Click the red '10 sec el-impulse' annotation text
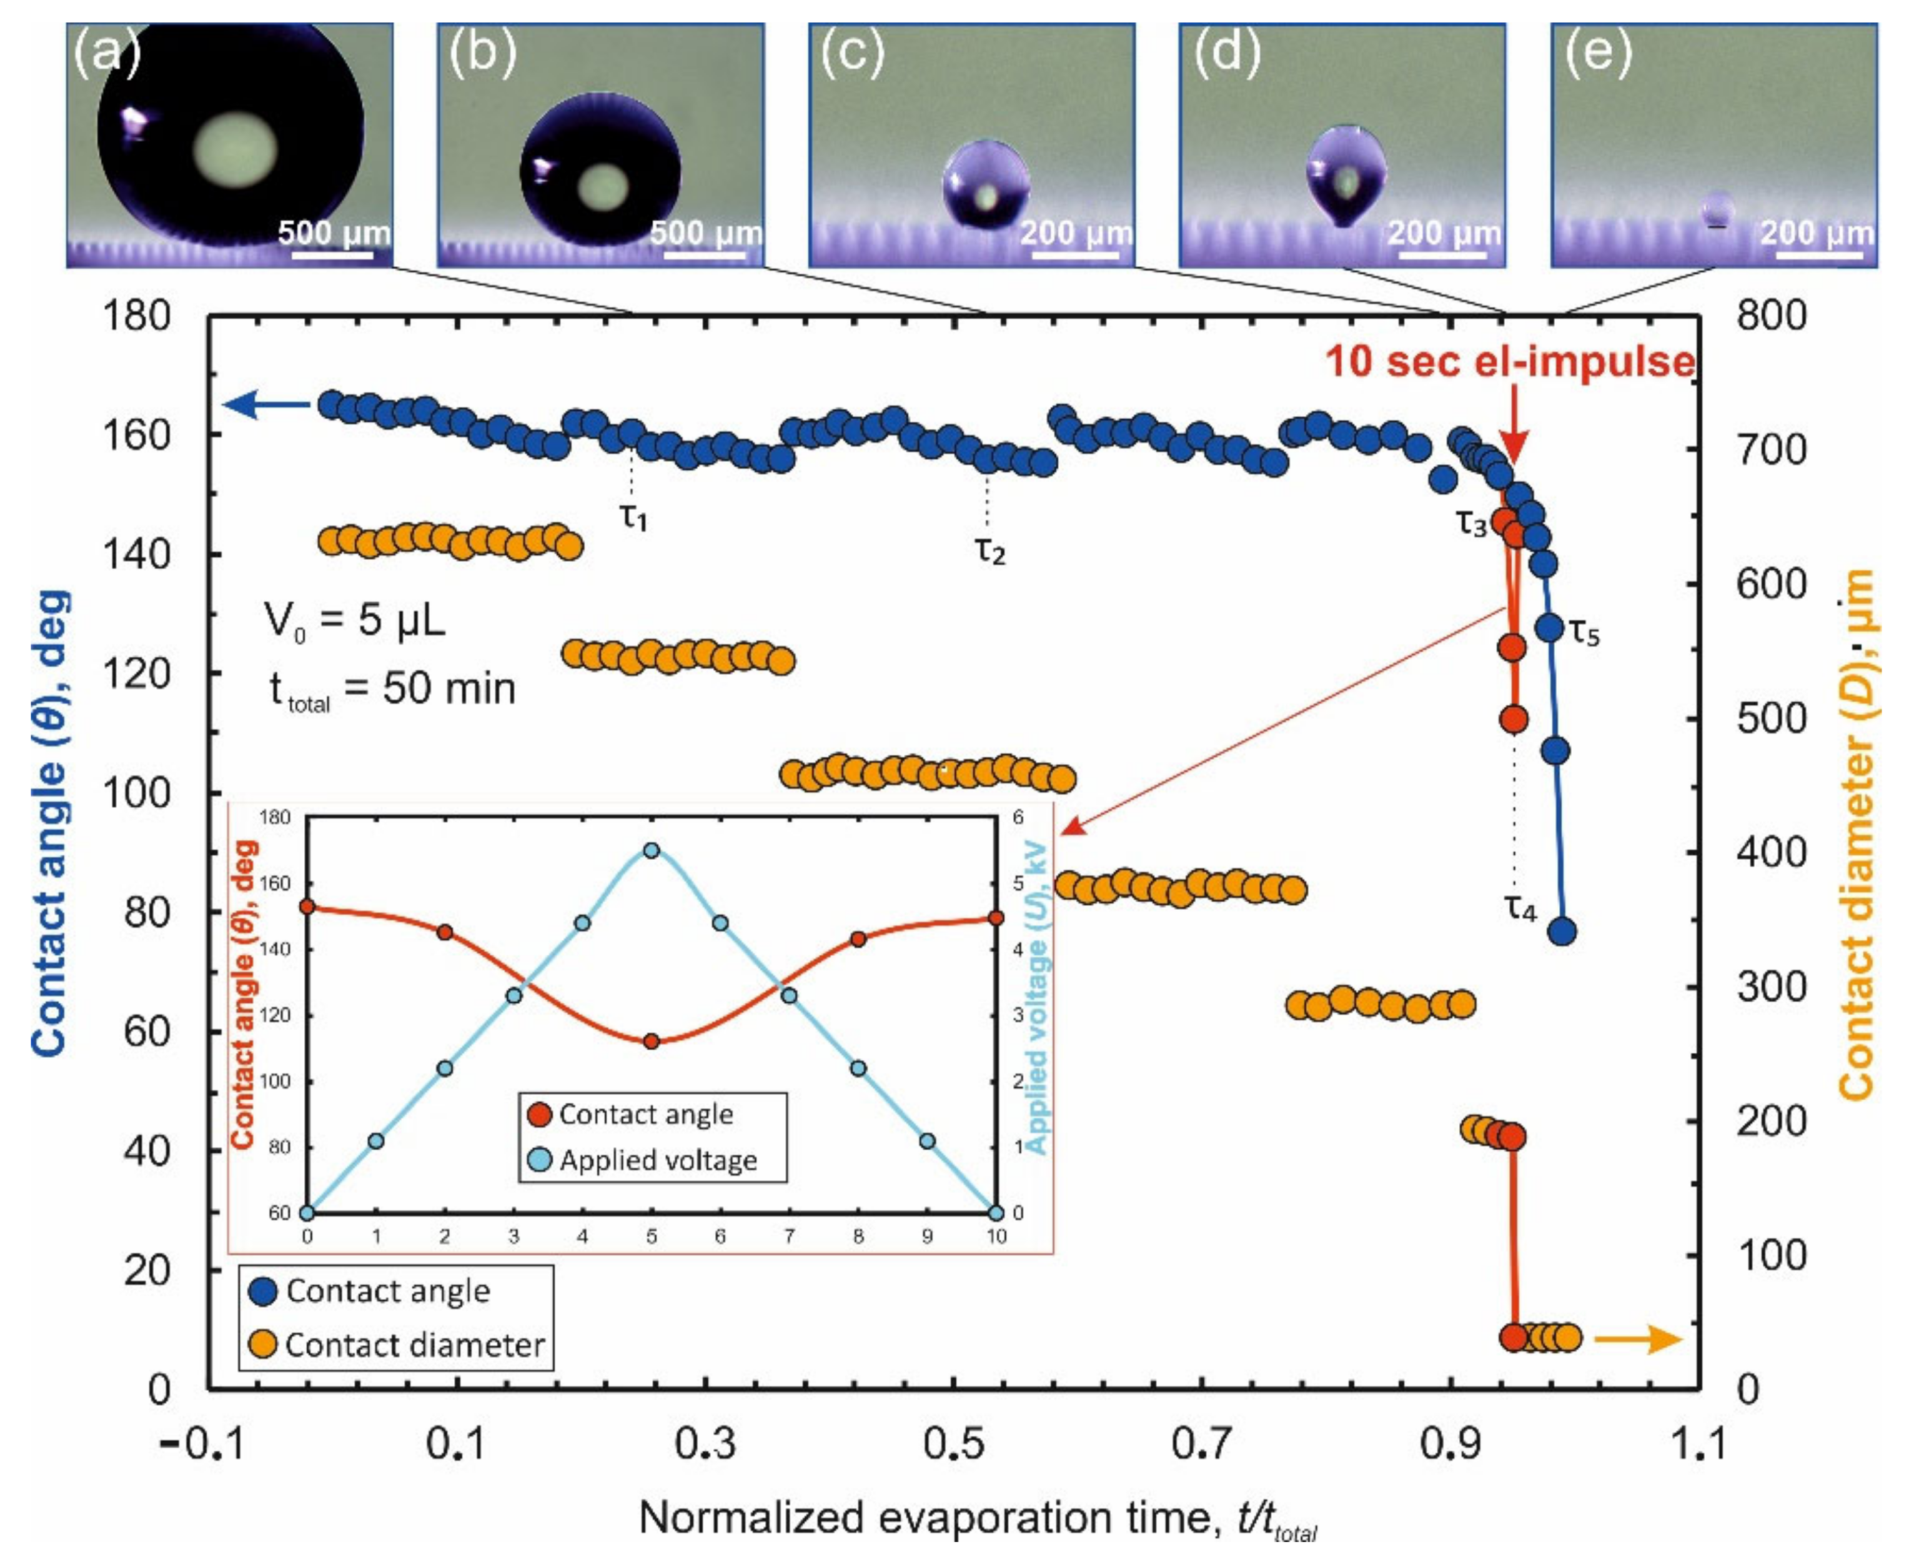coord(1509,362)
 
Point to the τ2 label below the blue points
coord(989,552)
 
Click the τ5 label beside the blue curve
coord(1584,633)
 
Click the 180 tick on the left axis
coord(137,316)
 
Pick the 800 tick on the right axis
coord(1771,316)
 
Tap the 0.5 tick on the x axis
coord(953,1444)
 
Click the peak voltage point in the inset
coord(652,850)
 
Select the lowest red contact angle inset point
coord(652,1042)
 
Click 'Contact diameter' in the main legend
coord(415,1345)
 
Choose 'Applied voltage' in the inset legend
coord(658,1160)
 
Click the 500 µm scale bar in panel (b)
coord(705,255)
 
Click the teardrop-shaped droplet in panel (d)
coord(1346,175)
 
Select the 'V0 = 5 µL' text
coord(354,620)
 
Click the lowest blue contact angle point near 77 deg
coord(1562,932)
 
